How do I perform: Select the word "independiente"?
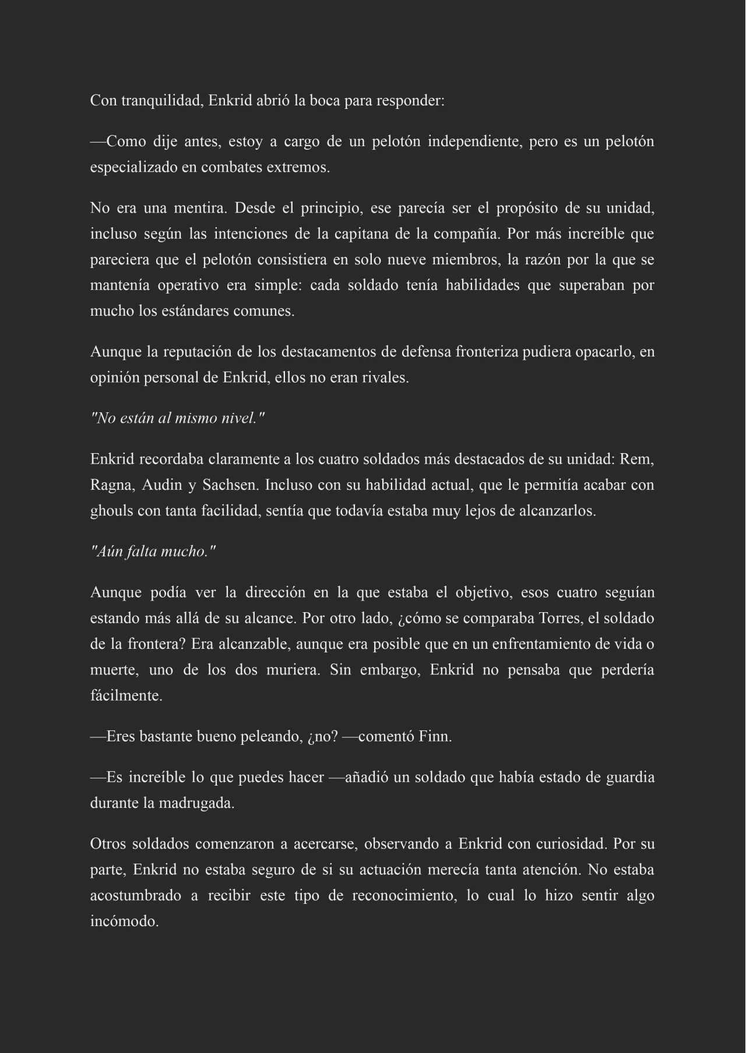[x=474, y=142]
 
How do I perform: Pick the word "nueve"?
[x=406, y=260]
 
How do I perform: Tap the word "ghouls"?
[x=111, y=511]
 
